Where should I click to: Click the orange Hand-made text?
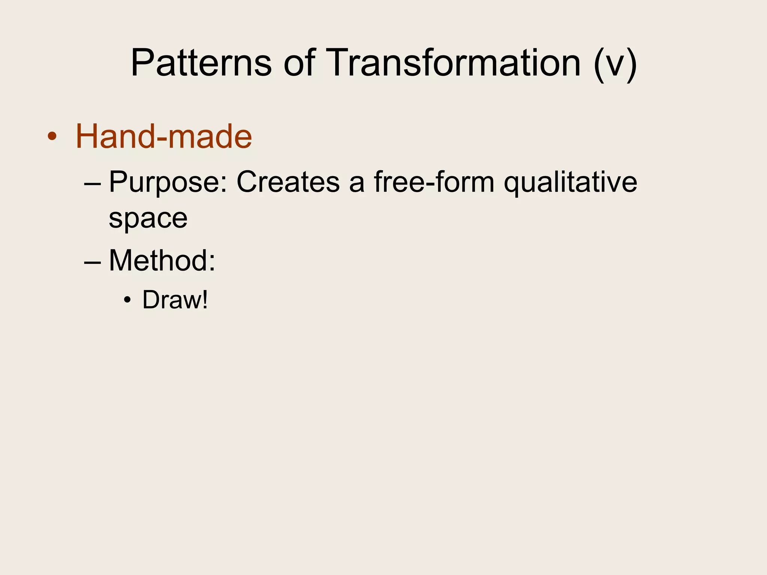coord(164,136)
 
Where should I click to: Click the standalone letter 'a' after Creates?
coord(357,184)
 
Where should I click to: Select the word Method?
coord(162,261)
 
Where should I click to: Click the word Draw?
coord(175,300)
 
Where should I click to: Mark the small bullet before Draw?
coord(128,300)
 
